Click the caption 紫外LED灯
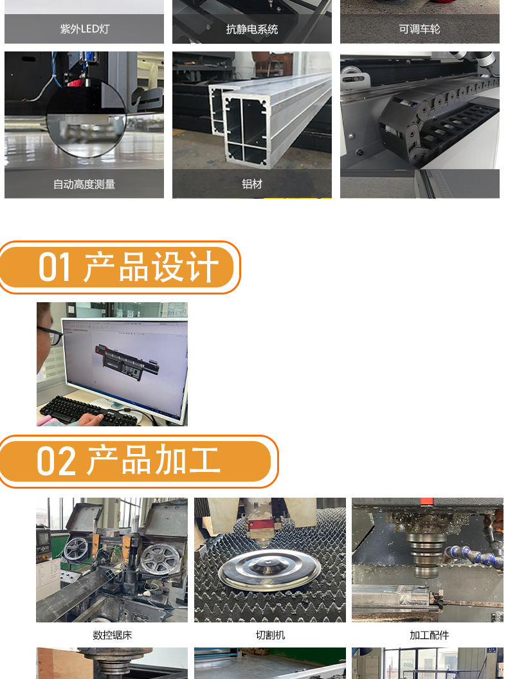[84, 29]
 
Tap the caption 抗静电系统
[252, 29]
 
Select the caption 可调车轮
[419, 29]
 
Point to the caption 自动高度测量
[84, 184]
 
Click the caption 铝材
[252, 184]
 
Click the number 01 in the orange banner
[55, 267]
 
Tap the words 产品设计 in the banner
[151, 267]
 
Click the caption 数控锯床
[112, 635]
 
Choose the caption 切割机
[270, 635]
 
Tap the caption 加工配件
[429, 635]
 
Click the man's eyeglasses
[51, 335]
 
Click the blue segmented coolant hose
[473, 556]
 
